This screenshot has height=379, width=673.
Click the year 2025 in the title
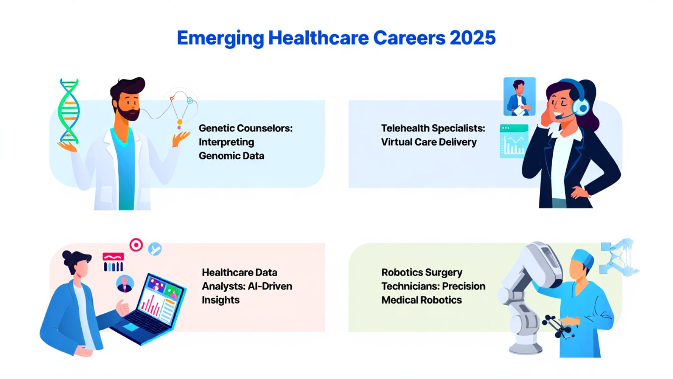473,38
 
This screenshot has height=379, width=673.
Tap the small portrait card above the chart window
519,96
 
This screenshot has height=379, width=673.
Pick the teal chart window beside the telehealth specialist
514,141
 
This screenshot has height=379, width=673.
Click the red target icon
136,245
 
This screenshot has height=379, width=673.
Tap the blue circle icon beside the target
155,249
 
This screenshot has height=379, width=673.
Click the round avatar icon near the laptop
125,284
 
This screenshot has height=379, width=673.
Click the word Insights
220,300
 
